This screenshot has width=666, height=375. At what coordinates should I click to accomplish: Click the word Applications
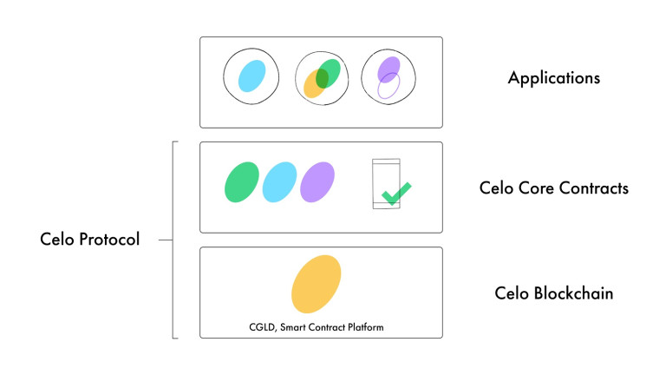pyautogui.click(x=554, y=78)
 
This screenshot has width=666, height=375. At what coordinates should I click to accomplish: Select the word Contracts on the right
pyautogui.click(x=594, y=187)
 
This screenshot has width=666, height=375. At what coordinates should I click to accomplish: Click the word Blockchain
pyautogui.click(x=573, y=293)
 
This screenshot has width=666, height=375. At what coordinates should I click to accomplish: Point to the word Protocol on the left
pyautogui.click(x=109, y=239)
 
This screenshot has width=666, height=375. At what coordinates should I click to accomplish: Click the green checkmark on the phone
pyautogui.click(x=396, y=194)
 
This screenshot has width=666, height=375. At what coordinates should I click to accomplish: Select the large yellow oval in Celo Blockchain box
pyautogui.click(x=316, y=284)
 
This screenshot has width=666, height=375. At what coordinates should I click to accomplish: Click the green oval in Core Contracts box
pyautogui.click(x=242, y=182)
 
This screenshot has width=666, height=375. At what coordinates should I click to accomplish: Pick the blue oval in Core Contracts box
pyautogui.click(x=279, y=182)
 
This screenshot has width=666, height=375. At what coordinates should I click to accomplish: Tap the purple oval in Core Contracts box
pyautogui.click(x=317, y=182)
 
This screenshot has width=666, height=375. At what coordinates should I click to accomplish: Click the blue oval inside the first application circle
pyautogui.click(x=251, y=76)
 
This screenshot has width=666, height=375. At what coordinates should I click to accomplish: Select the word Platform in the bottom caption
pyautogui.click(x=366, y=327)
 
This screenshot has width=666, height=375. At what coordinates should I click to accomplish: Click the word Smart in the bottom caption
pyautogui.click(x=293, y=327)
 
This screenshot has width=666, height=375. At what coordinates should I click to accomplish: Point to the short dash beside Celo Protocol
pyautogui.click(x=166, y=240)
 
